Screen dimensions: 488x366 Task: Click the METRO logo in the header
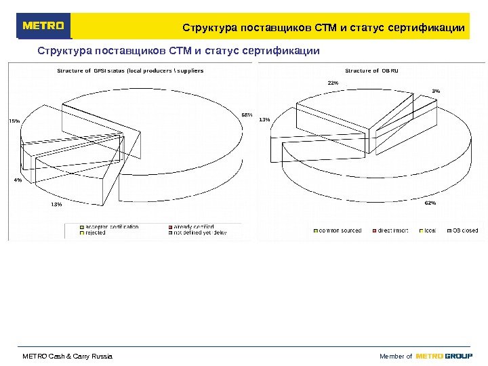[x=44, y=26]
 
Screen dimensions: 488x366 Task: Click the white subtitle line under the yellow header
[x=178, y=51]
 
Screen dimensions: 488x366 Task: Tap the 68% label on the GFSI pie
[x=247, y=115]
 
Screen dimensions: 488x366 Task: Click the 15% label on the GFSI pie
[x=14, y=121]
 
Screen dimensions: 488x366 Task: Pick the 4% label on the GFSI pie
[x=18, y=180]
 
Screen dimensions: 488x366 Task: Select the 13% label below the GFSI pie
[x=56, y=204]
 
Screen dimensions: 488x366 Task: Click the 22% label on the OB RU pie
[x=333, y=83]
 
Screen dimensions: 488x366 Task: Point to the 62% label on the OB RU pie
[x=430, y=203]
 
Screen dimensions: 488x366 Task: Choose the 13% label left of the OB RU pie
[x=264, y=120]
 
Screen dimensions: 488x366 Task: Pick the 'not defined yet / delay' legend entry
[x=199, y=232]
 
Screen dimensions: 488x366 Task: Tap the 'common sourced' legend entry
[x=339, y=230]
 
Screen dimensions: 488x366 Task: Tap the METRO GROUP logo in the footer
[x=444, y=357]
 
